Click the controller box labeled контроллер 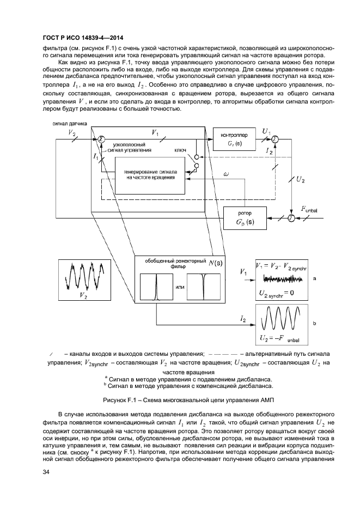pyautogui.click(x=235, y=140)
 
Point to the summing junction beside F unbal pyautogui.click(x=291, y=218)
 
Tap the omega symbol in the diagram pyautogui.click(x=226, y=174)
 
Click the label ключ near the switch pyautogui.click(x=181, y=149)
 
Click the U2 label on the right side pyautogui.click(x=300, y=178)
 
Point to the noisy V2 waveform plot pyautogui.click(x=83, y=278)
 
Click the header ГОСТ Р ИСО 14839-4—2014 pyautogui.click(x=82, y=38)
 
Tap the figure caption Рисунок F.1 pyautogui.click(x=180, y=399)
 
